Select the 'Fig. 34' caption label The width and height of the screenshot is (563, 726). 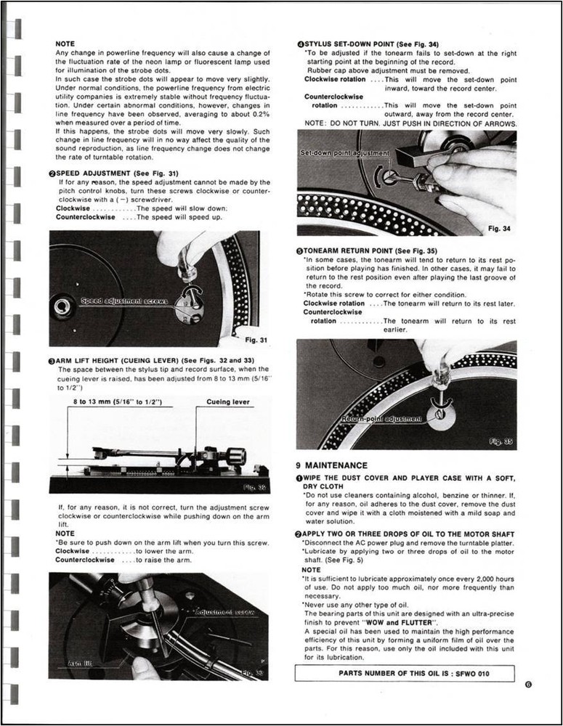tap(499, 229)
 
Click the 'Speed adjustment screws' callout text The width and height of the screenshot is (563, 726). tap(123, 300)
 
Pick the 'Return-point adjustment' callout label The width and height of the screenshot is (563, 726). tap(381, 419)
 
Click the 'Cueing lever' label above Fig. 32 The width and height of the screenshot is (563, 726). tap(228, 401)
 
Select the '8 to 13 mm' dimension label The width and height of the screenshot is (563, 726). tap(117, 401)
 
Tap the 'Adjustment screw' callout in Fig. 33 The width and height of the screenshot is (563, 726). tap(225, 613)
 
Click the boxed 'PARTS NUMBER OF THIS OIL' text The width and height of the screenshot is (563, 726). tap(405, 673)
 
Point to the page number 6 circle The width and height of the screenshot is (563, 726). tap(527, 683)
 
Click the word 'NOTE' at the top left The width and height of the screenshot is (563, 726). tap(65, 44)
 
